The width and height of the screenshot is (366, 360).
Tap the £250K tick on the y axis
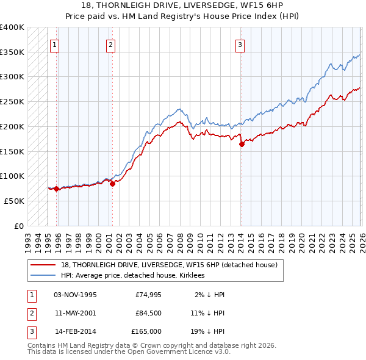pos(12,102)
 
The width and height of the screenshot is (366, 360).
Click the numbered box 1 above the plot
pos(55,44)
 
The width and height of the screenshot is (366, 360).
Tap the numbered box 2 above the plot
pos(110,44)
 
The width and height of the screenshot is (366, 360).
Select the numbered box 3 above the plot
pos(240,44)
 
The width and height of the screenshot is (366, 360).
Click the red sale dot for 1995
pos(56,189)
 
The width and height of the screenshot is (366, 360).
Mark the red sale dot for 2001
pos(112,184)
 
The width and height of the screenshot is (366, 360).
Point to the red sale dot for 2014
pos(242,145)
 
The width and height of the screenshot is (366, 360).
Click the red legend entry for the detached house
pos(169,265)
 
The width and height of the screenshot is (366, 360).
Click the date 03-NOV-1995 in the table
pos(75,295)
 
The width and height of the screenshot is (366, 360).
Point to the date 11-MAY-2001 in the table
pos(75,313)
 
